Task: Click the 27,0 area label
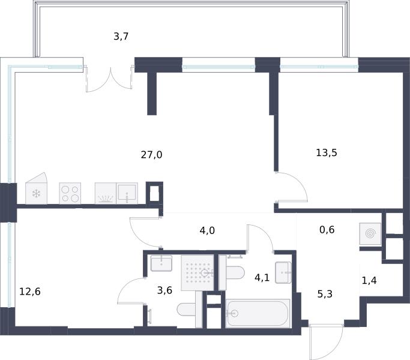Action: click(x=151, y=155)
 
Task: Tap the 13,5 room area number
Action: click(x=327, y=152)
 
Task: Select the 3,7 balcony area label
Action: click(x=121, y=37)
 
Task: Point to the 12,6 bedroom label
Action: click(x=30, y=291)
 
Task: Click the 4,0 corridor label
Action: click(x=207, y=230)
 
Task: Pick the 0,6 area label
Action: click(x=327, y=230)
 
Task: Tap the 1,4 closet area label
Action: click(x=369, y=280)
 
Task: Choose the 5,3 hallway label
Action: click(x=325, y=294)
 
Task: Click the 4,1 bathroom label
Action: click(x=262, y=277)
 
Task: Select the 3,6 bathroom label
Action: click(x=164, y=290)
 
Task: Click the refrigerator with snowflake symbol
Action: click(x=37, y=188)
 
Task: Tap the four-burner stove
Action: click(x=70, y=193)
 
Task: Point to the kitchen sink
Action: click(x=127, y=193)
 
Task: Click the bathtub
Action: click(x=258, y=313)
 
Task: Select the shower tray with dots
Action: click(x=197, y=272)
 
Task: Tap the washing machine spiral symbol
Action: click(x=370, y=233)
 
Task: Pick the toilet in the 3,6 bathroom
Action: click(x=187, y=310)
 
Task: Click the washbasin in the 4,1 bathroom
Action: click(x=283, y=272)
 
